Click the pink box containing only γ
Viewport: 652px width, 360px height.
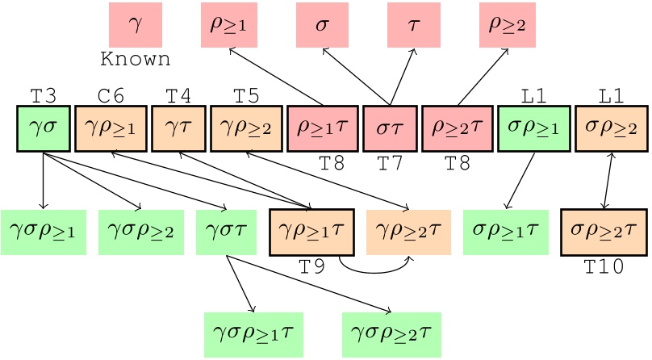136,24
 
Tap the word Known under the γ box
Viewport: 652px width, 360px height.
136,60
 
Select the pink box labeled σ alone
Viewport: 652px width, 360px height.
323,24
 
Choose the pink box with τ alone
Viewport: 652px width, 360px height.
415,24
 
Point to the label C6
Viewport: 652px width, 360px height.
111,96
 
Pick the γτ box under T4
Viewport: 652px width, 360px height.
178,129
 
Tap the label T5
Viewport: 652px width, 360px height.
245,96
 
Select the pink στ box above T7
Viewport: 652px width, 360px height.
390,129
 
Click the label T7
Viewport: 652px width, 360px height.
390,164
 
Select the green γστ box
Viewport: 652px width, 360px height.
228,232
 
